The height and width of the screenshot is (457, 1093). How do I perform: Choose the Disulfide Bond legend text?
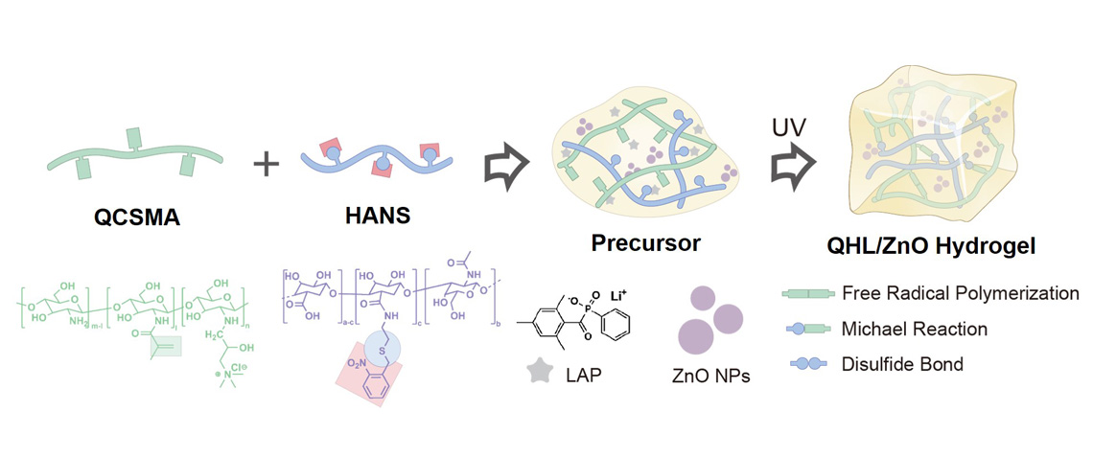[901, 364]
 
